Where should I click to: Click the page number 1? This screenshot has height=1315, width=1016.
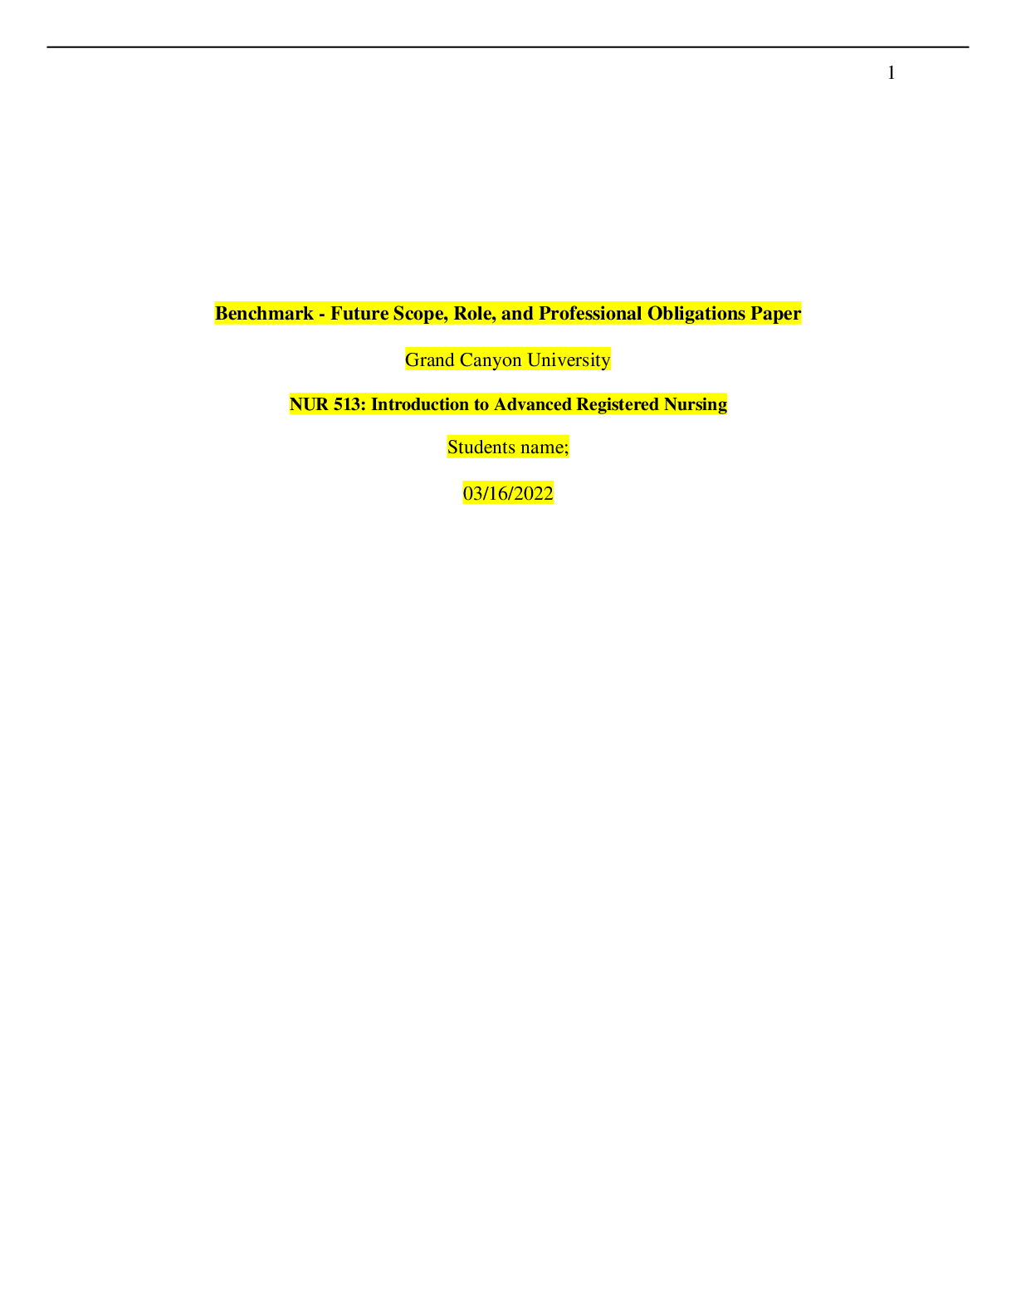point(891,72)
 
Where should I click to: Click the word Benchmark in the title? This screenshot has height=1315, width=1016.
point(264,314)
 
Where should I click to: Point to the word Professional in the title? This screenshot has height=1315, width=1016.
point(590,314)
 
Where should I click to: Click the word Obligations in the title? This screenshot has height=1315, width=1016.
point(696,314)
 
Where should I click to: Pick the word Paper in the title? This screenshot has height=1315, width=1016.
point(776,315)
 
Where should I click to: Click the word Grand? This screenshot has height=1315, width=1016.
point(430,360)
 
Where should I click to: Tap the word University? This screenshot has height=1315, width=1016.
point(569,361)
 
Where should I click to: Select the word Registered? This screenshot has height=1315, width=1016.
point(618,405)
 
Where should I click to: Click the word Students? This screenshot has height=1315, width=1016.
point(480,447)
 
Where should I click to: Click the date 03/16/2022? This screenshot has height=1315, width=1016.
point(508,494)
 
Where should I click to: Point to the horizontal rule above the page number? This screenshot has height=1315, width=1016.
point(508,47)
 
